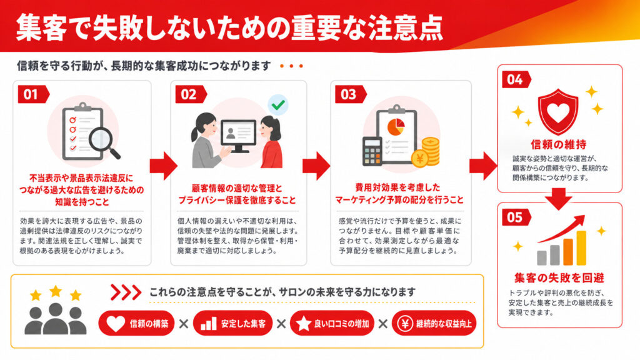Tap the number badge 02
(191, 94)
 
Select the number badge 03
(351, 94)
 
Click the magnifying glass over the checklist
(104, 142)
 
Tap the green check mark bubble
(278, 105)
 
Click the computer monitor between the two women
(238, 136)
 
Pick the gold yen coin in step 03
(420, 158)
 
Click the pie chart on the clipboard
(396, 126)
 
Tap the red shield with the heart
(558, 111)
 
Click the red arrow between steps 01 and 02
(164, 166)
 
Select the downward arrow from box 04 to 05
(559, 199)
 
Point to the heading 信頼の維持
(558, 144)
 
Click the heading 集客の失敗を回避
(559, 278)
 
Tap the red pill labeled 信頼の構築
(136, 324)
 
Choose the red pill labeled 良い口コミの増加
(332, 324)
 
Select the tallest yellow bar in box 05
(581, 248)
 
